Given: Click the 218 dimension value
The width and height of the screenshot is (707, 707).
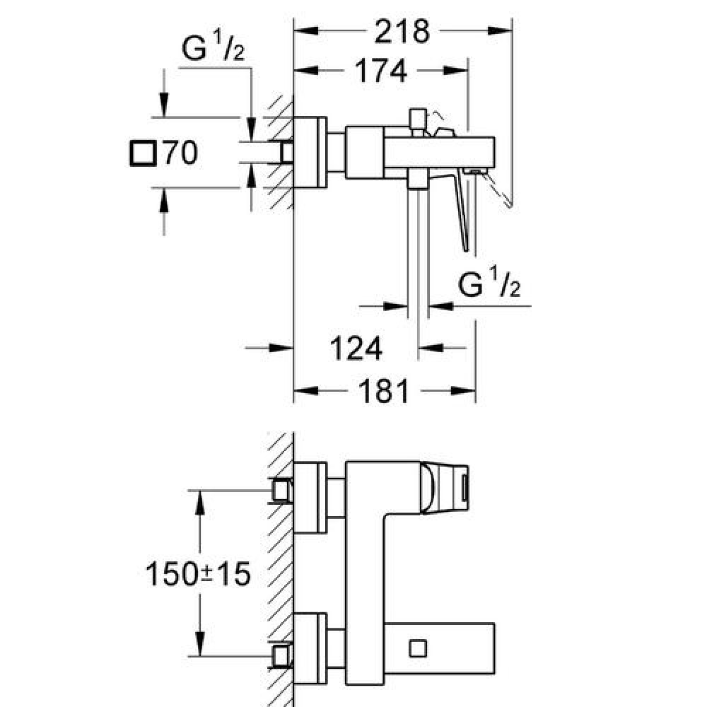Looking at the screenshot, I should coord(402,30).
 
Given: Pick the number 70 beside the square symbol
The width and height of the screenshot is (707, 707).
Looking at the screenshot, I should coord(180,153).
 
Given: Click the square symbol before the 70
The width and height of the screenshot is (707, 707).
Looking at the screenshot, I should coord(144,153).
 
